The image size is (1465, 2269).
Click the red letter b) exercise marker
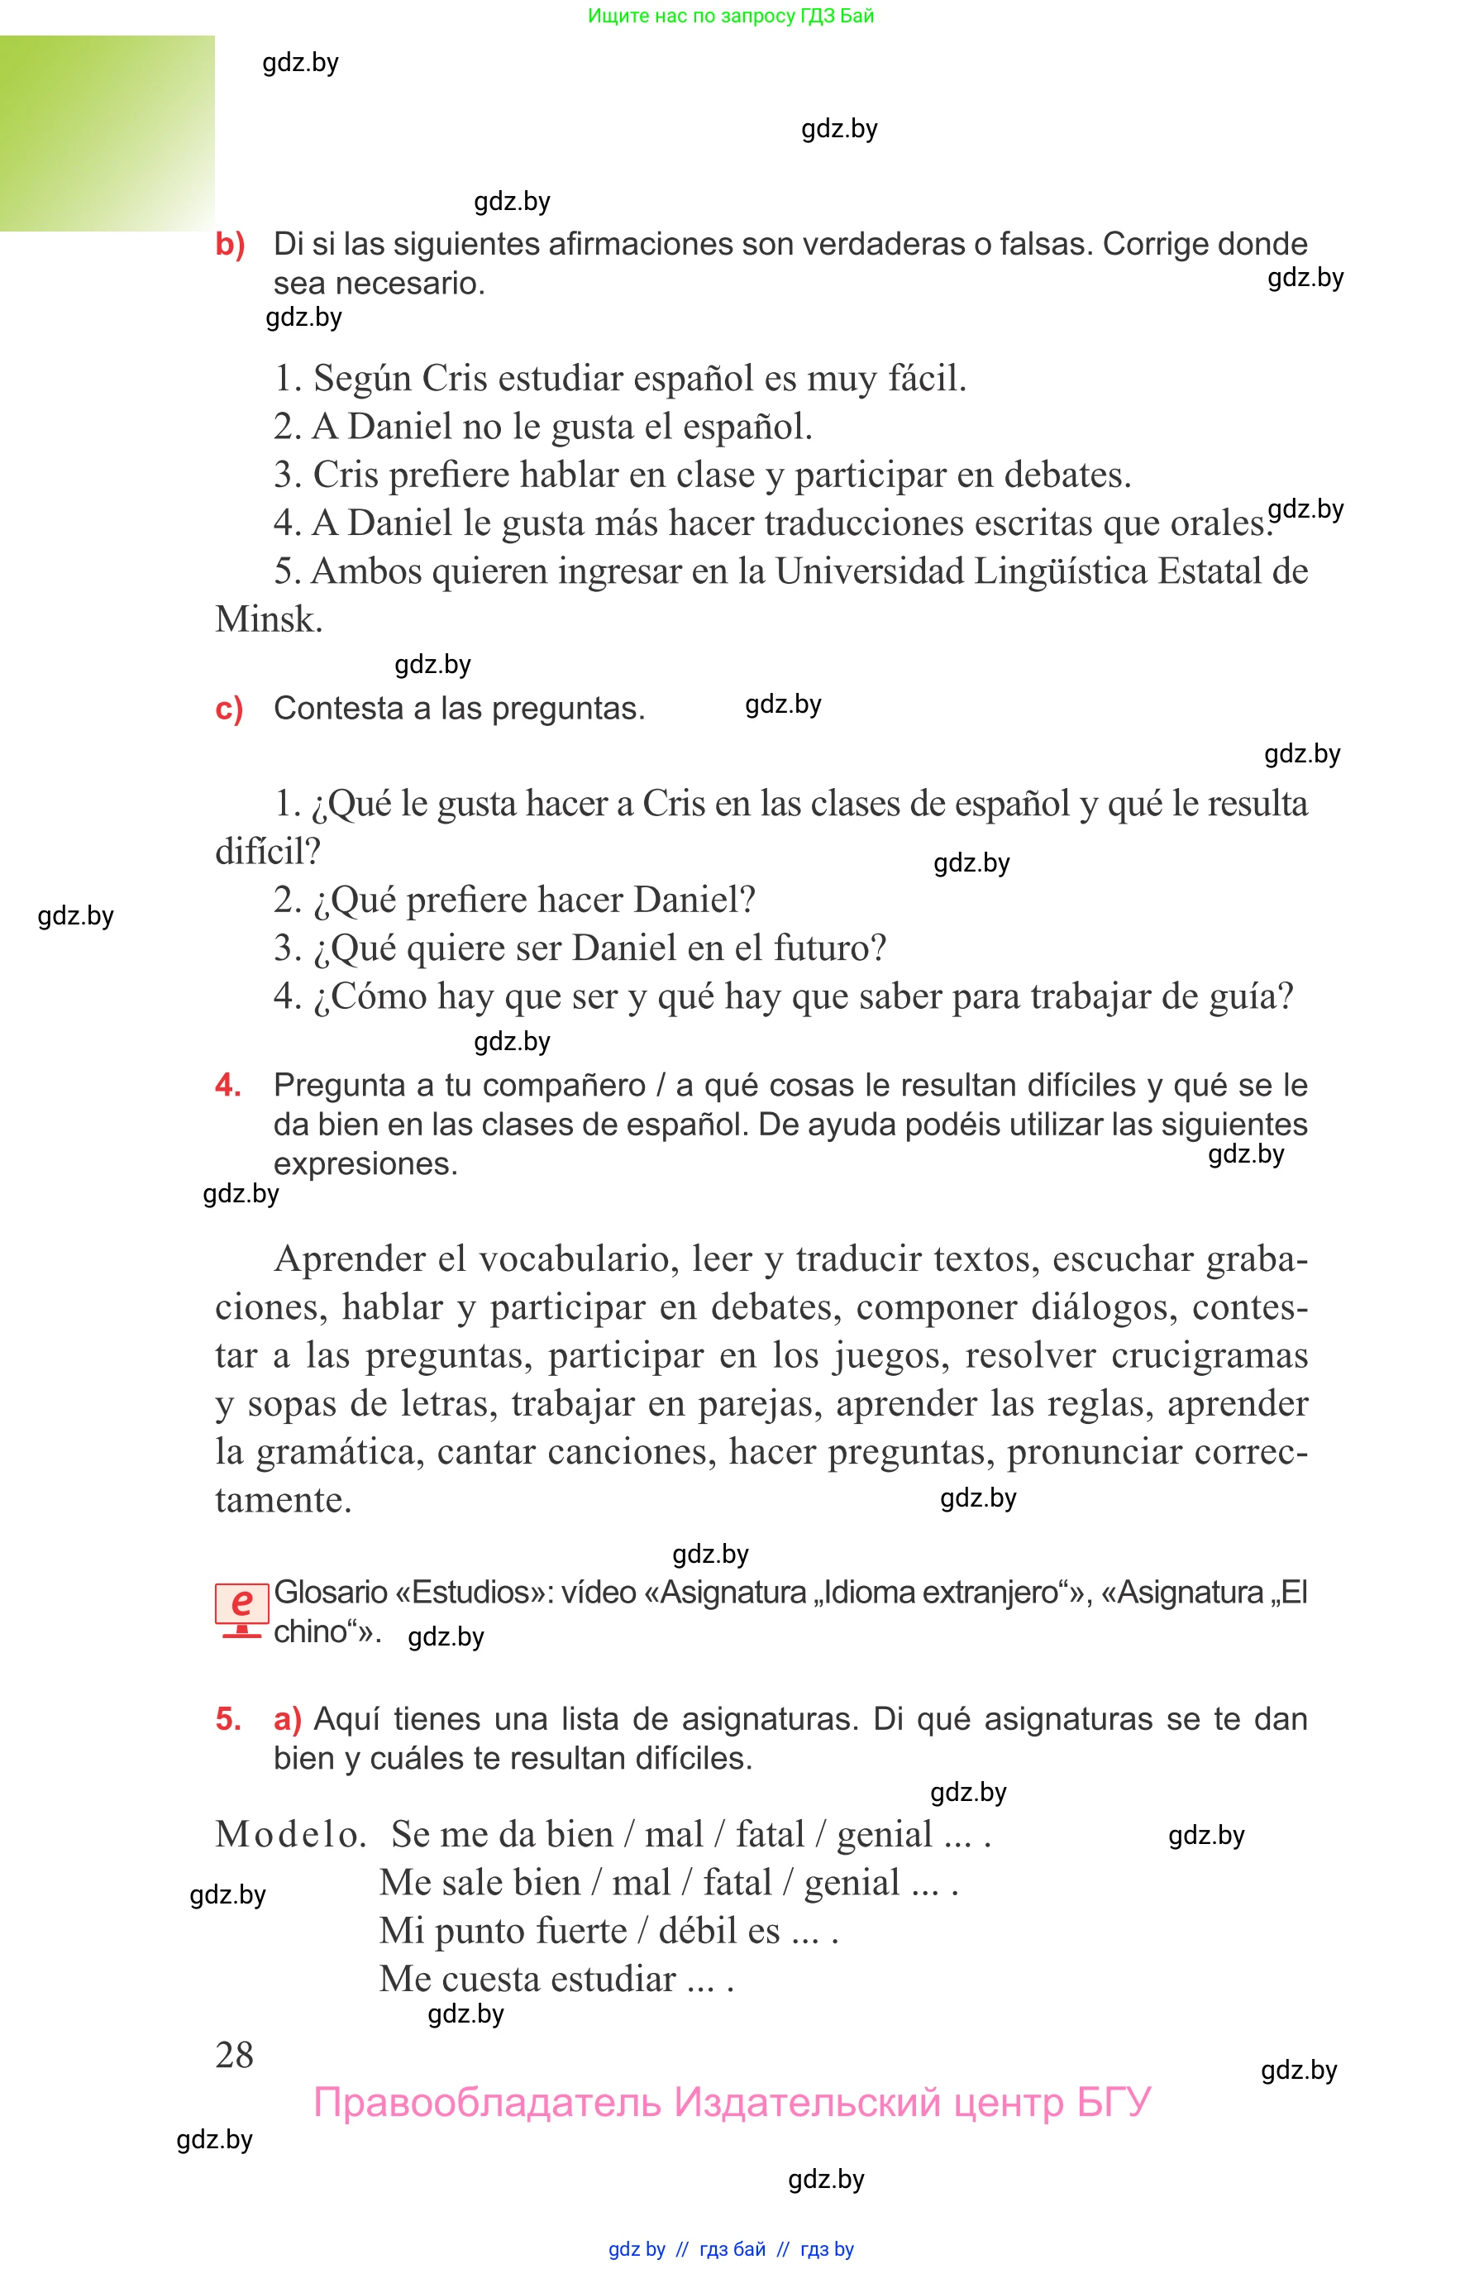[229, 245]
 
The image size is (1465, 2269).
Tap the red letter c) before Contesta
[228, 709]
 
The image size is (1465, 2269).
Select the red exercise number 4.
[227, 1085]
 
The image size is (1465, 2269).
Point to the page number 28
[234, 2055]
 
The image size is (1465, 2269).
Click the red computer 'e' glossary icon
[241, 1609]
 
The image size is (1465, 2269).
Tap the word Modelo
[290, 1834]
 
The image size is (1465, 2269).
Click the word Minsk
[268, 619]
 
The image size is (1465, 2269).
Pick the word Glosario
[330, 1593]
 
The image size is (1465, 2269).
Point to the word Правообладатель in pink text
[486, 2103]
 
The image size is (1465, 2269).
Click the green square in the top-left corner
[107, 133]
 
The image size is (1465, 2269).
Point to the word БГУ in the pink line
[1113, 2103]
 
